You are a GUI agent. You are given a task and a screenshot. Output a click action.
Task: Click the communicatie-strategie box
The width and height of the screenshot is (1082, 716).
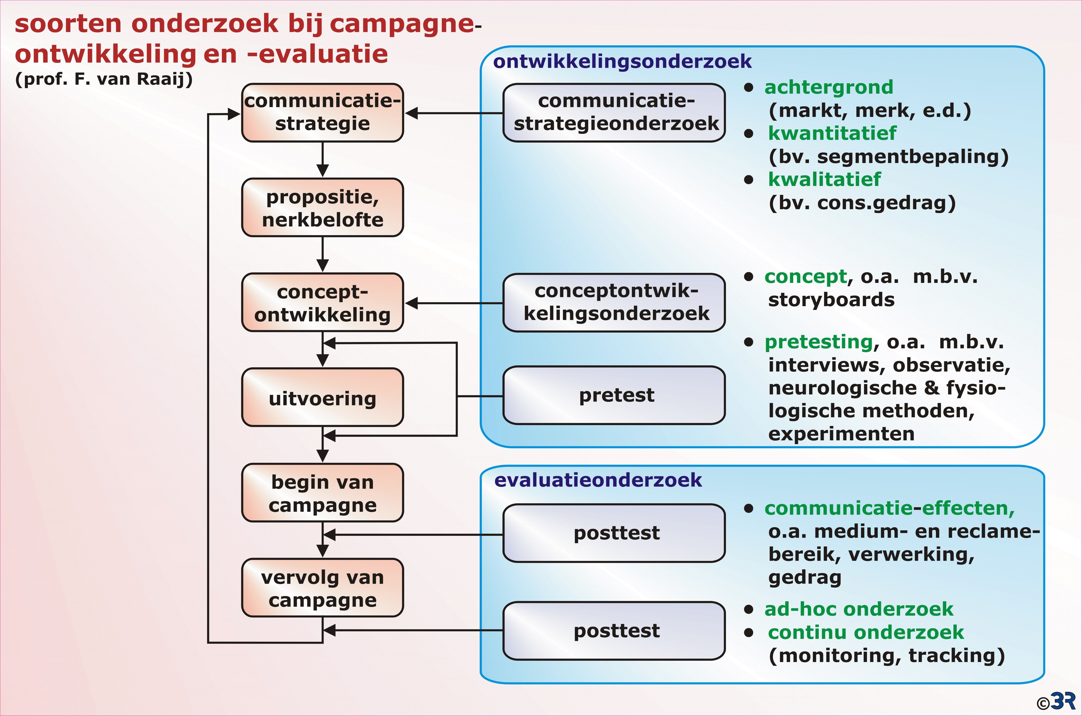click(322, 112)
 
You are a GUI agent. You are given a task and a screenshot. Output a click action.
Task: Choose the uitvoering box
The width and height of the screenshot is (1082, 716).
click(322, 397)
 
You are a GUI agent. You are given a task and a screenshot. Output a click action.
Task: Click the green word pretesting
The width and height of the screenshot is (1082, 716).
click(818, 342)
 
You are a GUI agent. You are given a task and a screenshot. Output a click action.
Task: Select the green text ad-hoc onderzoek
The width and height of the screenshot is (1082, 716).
click(859, 609)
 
